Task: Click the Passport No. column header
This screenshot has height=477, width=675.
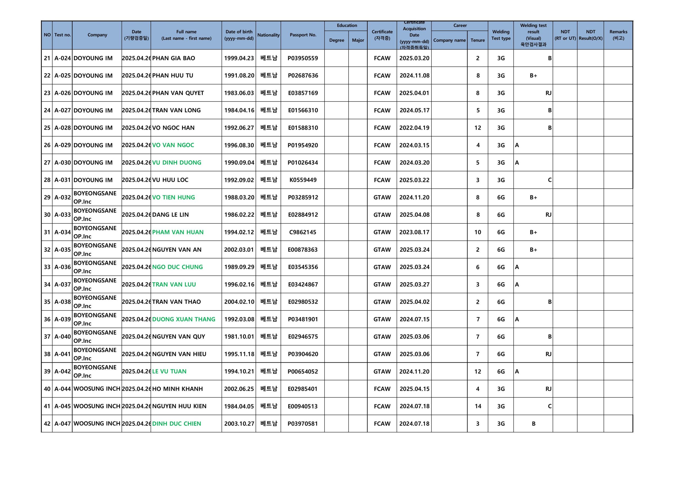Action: point(302,35)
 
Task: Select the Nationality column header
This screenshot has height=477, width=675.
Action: point(268,35)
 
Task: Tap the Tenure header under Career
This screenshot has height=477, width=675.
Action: point(478,40)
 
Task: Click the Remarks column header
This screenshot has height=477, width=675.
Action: point(618,35)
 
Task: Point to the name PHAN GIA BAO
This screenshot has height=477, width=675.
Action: point(173,58)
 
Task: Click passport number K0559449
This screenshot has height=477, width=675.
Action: point(303,180)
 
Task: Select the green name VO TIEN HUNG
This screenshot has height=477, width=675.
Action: point(173,197)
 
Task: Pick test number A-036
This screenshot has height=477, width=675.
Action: point(62,267)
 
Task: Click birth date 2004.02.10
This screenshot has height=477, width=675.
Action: point(239,302)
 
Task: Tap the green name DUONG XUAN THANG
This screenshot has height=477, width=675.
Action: point(184,319)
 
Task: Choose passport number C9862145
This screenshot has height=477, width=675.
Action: point(302,232)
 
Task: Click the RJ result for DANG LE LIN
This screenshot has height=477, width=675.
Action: point(548,215)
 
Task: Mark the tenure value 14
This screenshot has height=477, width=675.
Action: point(478,406)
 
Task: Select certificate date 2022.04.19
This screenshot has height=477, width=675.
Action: point(414,128)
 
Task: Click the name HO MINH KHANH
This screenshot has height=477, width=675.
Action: point(177,389)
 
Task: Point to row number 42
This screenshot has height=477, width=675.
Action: point(47,424)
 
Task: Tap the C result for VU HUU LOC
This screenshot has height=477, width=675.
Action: point(549,180)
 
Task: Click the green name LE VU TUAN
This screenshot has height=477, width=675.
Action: point(169,372)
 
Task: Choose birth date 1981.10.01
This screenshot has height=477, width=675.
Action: point(239,337)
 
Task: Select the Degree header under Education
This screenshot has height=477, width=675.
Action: point(336,40)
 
